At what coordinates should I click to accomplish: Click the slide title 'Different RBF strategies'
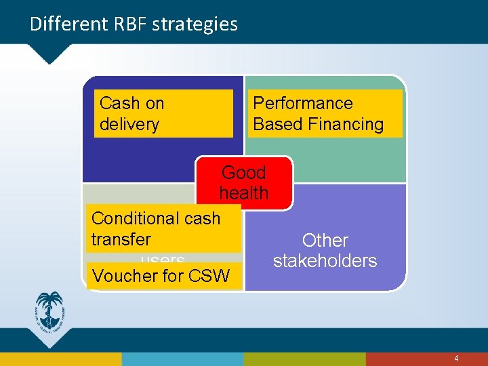(x=134, y=24)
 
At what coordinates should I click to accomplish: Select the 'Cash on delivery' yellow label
(x=163, y=113)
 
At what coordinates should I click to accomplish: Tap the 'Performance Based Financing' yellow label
(x=325, y=113)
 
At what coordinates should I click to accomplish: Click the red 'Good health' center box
(x=245, y=182)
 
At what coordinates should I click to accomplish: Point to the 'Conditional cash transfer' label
(x=163, y=228)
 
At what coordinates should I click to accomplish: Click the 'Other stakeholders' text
(x=325, y=250)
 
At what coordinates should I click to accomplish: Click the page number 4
(x=456, y=359)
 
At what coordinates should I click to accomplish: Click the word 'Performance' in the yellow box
(x=302, y=103)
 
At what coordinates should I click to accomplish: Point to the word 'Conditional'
(x=133, y=218)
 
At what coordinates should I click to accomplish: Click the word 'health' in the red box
(x=244, y=193)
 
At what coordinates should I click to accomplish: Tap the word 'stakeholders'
(x=325, y=261)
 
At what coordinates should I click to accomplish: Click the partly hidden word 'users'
(x=163, y=260)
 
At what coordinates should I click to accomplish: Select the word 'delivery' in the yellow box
(x=129, y=124)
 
